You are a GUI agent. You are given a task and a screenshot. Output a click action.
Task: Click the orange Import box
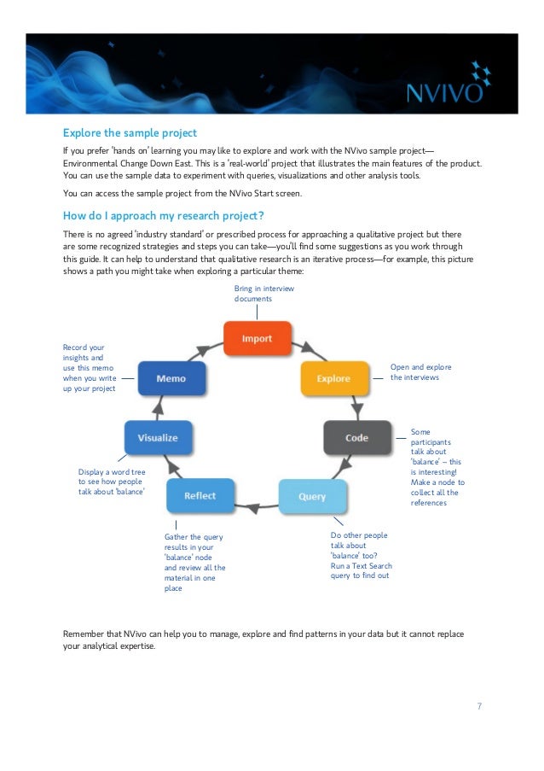click(x=258, y=339)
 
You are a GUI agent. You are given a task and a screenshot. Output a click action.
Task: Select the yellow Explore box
click(x=333, y=378)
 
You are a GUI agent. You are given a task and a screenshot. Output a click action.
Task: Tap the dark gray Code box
click(x=356, y=437)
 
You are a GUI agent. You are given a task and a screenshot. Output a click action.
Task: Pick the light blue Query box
click(x=312, y=496)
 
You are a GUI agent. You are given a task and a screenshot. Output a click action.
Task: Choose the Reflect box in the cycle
click(x=200, y=495)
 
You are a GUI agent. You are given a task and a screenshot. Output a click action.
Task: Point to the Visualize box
click(x=158, y=437)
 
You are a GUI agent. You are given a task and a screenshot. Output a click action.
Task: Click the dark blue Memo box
click(x=172, y=378)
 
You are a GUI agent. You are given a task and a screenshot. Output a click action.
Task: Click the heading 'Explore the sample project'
click(x=130, y=133)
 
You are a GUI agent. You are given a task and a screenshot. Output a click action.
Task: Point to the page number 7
click(x=479, y=706)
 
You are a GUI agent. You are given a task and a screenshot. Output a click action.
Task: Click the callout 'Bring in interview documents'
click(x=264, y=294)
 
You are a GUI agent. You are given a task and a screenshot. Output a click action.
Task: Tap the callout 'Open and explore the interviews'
click(x=420, y=371)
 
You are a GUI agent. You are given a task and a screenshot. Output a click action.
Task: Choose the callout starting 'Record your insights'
click(x=89, y=368)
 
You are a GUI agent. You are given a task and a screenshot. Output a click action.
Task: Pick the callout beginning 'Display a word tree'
click(x=111, y=482)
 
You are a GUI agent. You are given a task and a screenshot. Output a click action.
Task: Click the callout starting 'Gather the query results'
click(x=194, y=561)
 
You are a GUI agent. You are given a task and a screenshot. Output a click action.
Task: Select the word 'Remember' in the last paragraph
click(x=87, y=634)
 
